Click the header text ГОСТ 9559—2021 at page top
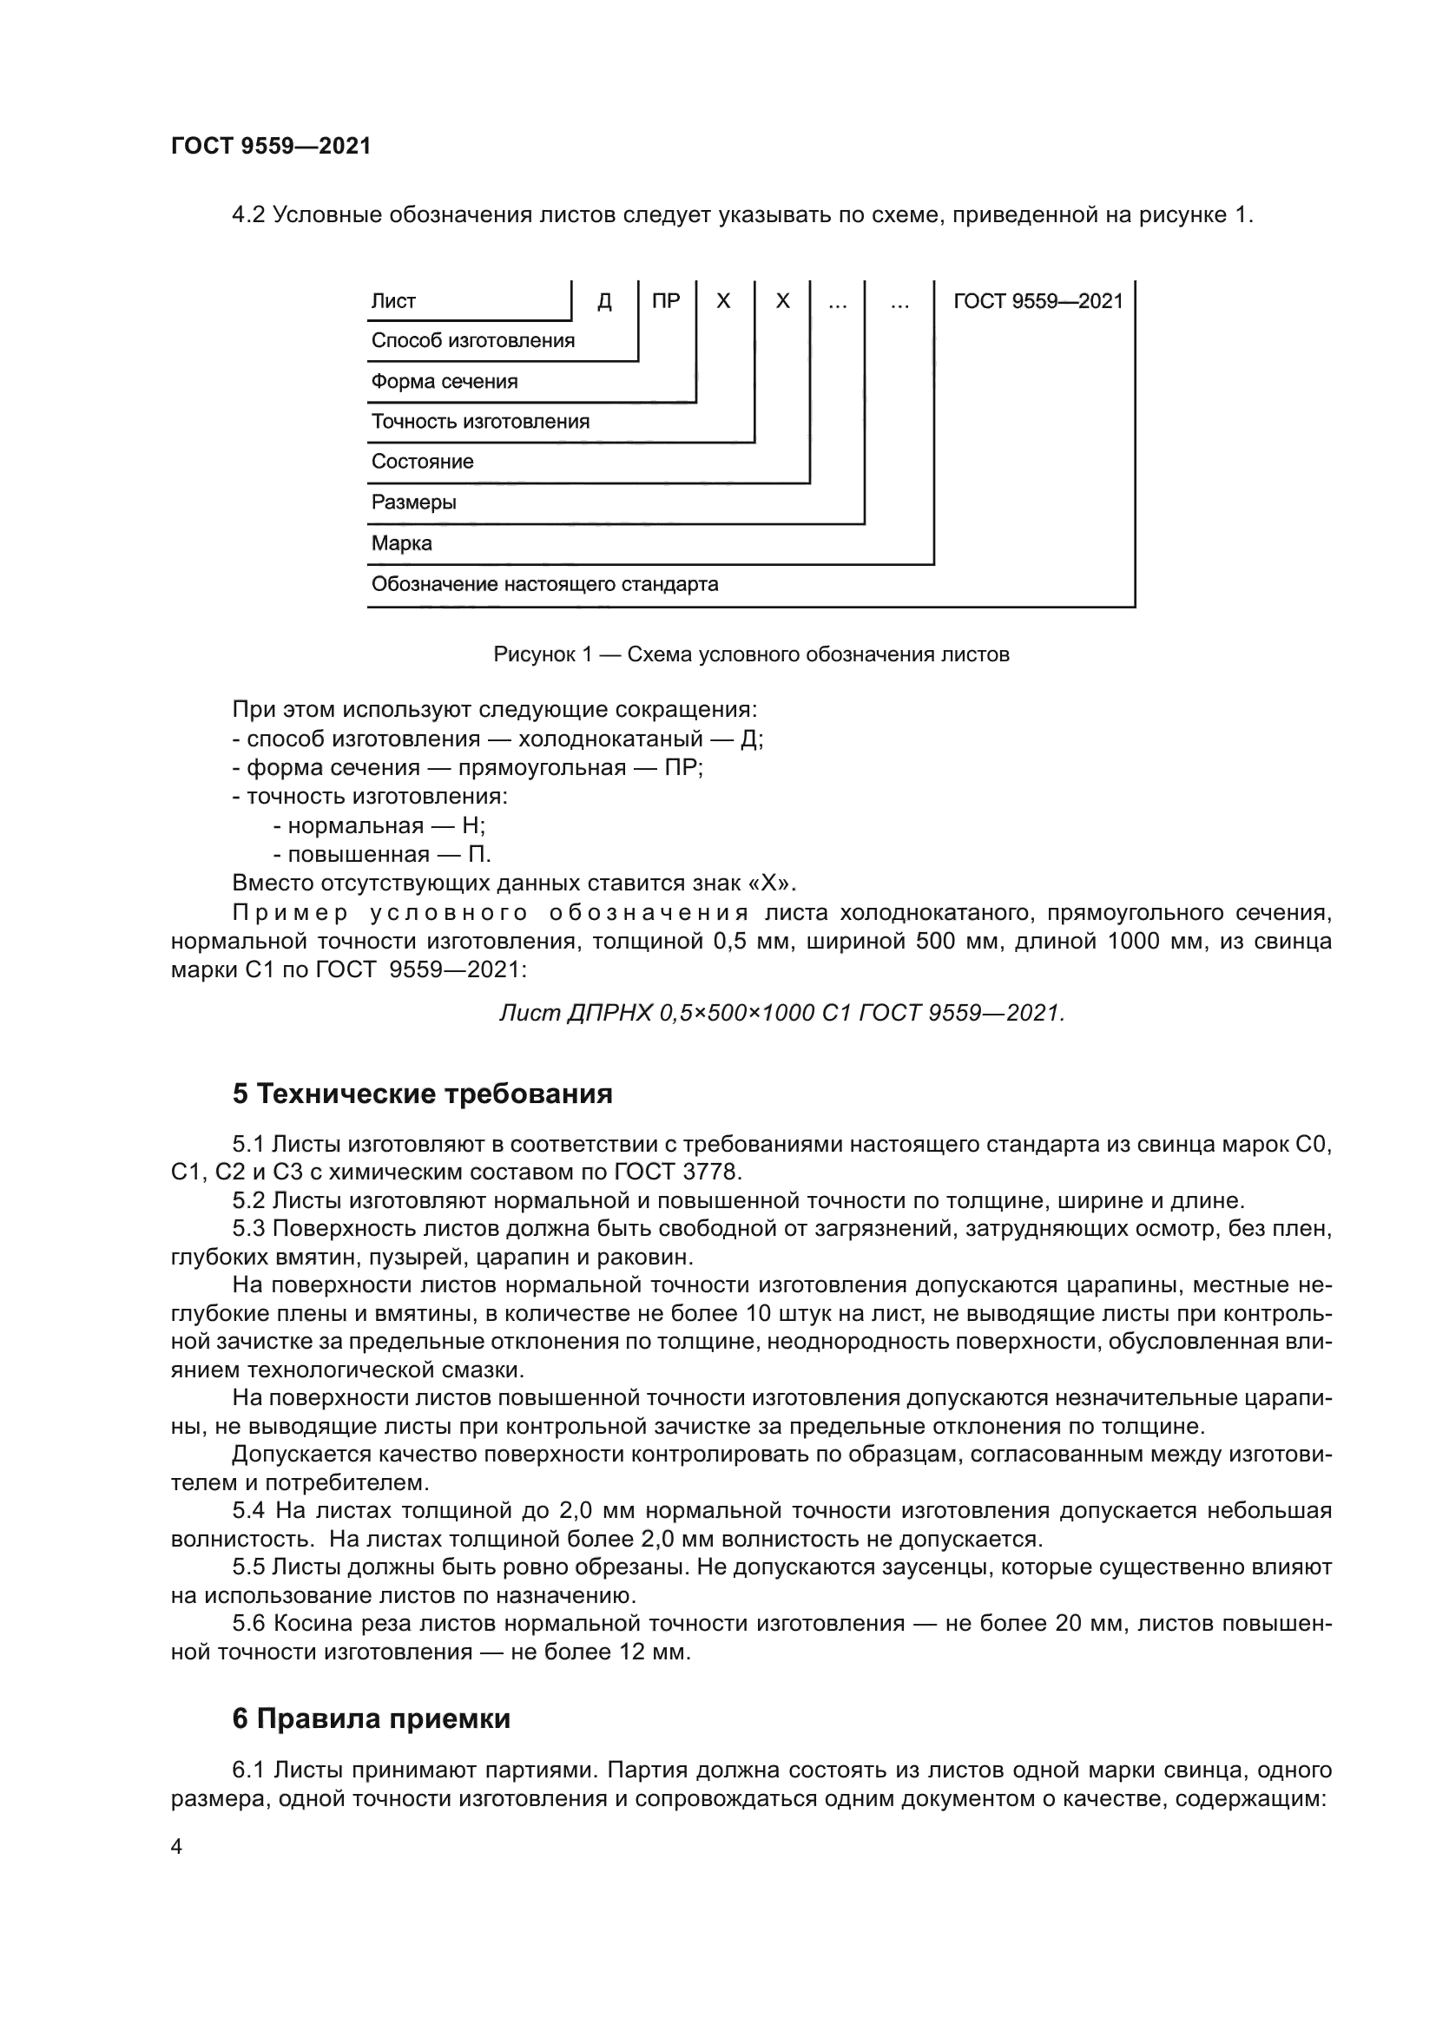coord(271,146)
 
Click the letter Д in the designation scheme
coord(605,301)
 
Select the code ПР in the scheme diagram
coord(666,301)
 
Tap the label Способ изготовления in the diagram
coord(472,340)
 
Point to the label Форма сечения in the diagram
coord(444,381)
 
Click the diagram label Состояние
coord(422,462)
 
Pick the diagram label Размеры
coord(413,503)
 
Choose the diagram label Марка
coord(401,542)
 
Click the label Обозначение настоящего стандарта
coord(543,583)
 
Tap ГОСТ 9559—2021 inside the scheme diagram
coord(1037,301)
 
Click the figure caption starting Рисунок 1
coord(751,654)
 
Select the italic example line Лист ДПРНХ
coord(781,1013)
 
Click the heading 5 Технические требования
coord(422,1094)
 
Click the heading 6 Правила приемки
coord(371,1718)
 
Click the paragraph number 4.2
coord(248,215)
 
